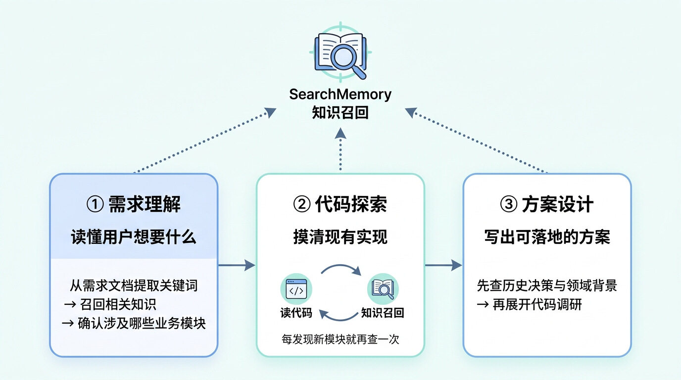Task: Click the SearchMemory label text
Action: tap(340, 94)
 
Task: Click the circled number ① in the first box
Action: tap(95, 204)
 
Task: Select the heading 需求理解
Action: tap(145, 204)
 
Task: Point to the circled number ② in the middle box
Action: tap(301, 204)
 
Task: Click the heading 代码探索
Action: tap(351, 204)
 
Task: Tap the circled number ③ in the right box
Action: tap(509, 204)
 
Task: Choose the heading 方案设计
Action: tap(558, 204)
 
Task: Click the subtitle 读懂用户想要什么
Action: tap(134, 237)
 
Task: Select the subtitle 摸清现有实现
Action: tap(340, 237)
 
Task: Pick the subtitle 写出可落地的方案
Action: tap(547, 237)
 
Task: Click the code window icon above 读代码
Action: tap(296, 289)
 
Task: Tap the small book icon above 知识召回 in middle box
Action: tap(383, 289)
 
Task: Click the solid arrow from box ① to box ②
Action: tap(237, 265)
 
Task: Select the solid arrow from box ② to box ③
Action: tap(443, 265)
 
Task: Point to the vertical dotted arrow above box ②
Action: tap(340, 149)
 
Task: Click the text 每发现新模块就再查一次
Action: tap(340, 339)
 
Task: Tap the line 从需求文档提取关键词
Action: tap(134, 286)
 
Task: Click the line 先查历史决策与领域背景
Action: tap(547, 286)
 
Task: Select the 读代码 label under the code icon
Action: tap(296, 313)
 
